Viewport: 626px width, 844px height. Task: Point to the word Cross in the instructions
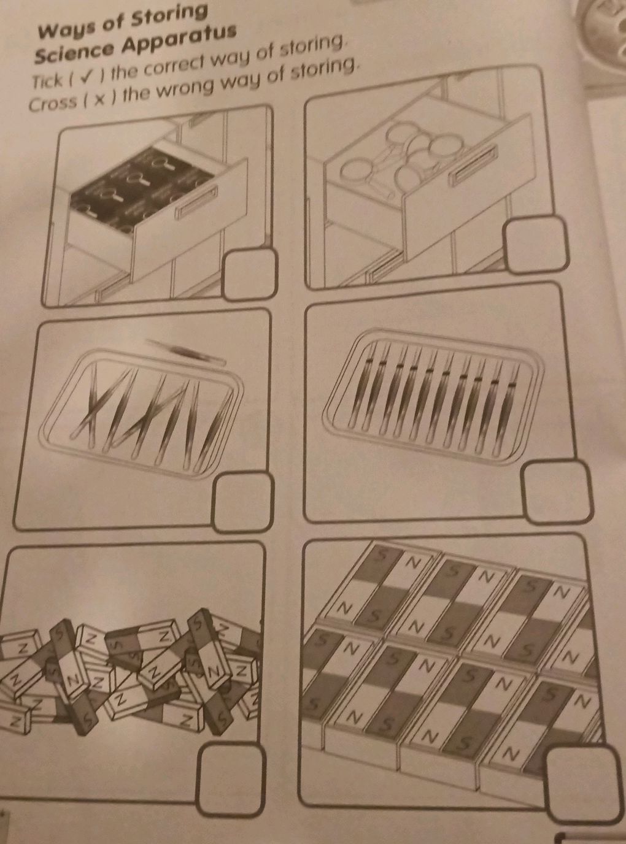point(53,104)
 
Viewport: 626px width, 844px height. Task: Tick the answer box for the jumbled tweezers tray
point(243,502)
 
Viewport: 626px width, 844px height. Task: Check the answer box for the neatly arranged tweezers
point(556,492)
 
